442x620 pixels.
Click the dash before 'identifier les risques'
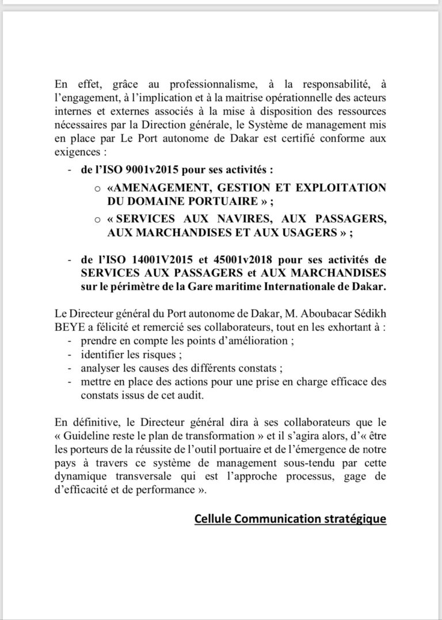[70, 355]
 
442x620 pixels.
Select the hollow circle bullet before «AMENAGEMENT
[98, 190]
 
